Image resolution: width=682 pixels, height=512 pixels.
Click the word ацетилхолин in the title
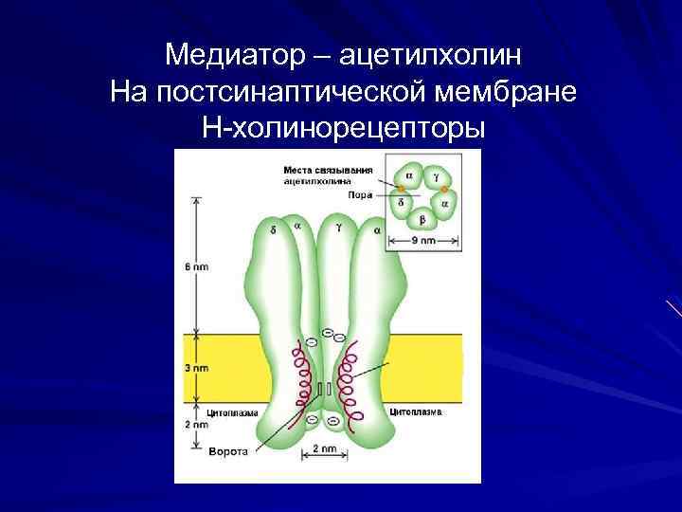tap(429, 55)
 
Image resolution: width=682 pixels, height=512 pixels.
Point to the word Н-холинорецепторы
tap(342, 127)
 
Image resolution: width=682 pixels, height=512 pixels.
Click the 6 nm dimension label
tap(196, 267)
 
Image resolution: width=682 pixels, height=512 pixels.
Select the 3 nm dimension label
tap(195, 368)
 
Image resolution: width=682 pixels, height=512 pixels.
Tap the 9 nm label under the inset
tap(423, 241)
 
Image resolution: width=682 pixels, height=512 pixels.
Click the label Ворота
tap(227, 451)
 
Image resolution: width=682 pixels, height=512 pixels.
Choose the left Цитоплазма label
tap(227, 413)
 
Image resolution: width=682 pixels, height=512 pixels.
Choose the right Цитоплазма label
tap(414, 412)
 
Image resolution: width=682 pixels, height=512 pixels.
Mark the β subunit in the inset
tap(422, 220)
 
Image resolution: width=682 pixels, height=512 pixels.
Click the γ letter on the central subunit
tap(338, 228)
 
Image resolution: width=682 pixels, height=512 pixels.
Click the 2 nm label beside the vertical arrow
tap(195, 425)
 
